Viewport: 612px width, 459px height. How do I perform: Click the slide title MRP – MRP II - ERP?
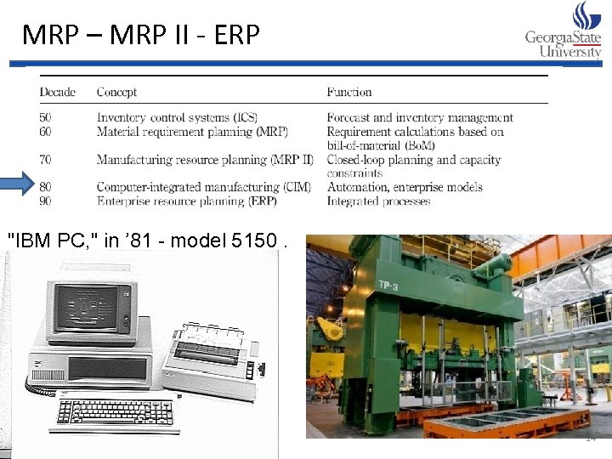(140, 35)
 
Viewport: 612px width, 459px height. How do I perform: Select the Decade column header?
(57, 92)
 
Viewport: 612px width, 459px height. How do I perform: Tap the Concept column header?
(116, 92)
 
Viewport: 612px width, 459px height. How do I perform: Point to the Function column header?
(349, 92)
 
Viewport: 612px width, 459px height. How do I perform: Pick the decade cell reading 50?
(45, 118)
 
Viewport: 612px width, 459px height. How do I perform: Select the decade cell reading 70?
(45, 160)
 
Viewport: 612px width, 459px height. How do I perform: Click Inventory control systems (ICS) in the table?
(177, 118)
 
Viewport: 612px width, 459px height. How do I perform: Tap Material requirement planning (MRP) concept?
(192, 132)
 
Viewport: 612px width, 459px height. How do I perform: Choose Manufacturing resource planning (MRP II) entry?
(205, 160)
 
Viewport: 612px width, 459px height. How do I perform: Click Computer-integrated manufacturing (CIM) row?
(203, 187)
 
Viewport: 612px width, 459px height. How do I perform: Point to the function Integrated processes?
(378, 201)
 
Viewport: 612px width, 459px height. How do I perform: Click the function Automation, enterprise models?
(405, 187)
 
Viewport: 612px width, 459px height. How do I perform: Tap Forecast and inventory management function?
(420, 118)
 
